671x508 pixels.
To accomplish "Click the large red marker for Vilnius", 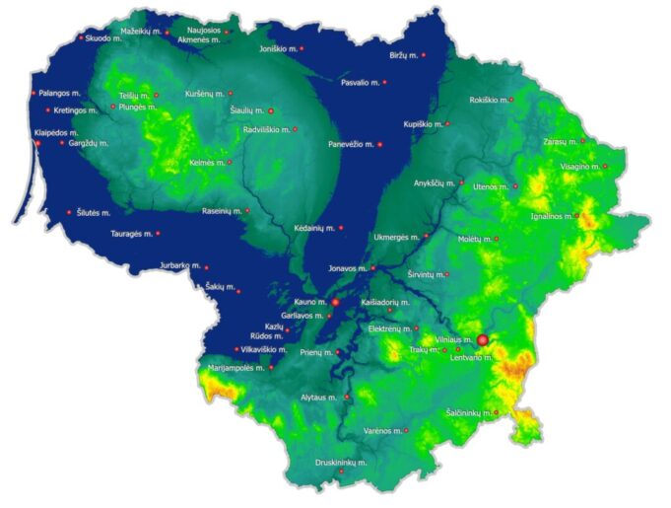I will pos(483,340).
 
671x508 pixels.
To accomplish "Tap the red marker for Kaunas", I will pos(335,302).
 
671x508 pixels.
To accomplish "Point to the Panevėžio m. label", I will pos(351,144).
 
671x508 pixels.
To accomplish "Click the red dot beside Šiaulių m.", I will pos(271,110).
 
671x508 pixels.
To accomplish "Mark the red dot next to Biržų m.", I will pos(425,57).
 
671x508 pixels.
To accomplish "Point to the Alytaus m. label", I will pos(318,398).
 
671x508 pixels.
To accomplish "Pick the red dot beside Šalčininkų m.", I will pos(496,412).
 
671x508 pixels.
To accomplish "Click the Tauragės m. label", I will pos(130,234).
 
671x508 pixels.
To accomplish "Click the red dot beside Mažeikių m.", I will pos(168,33).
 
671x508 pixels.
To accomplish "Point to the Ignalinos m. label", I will pos(552,214).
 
